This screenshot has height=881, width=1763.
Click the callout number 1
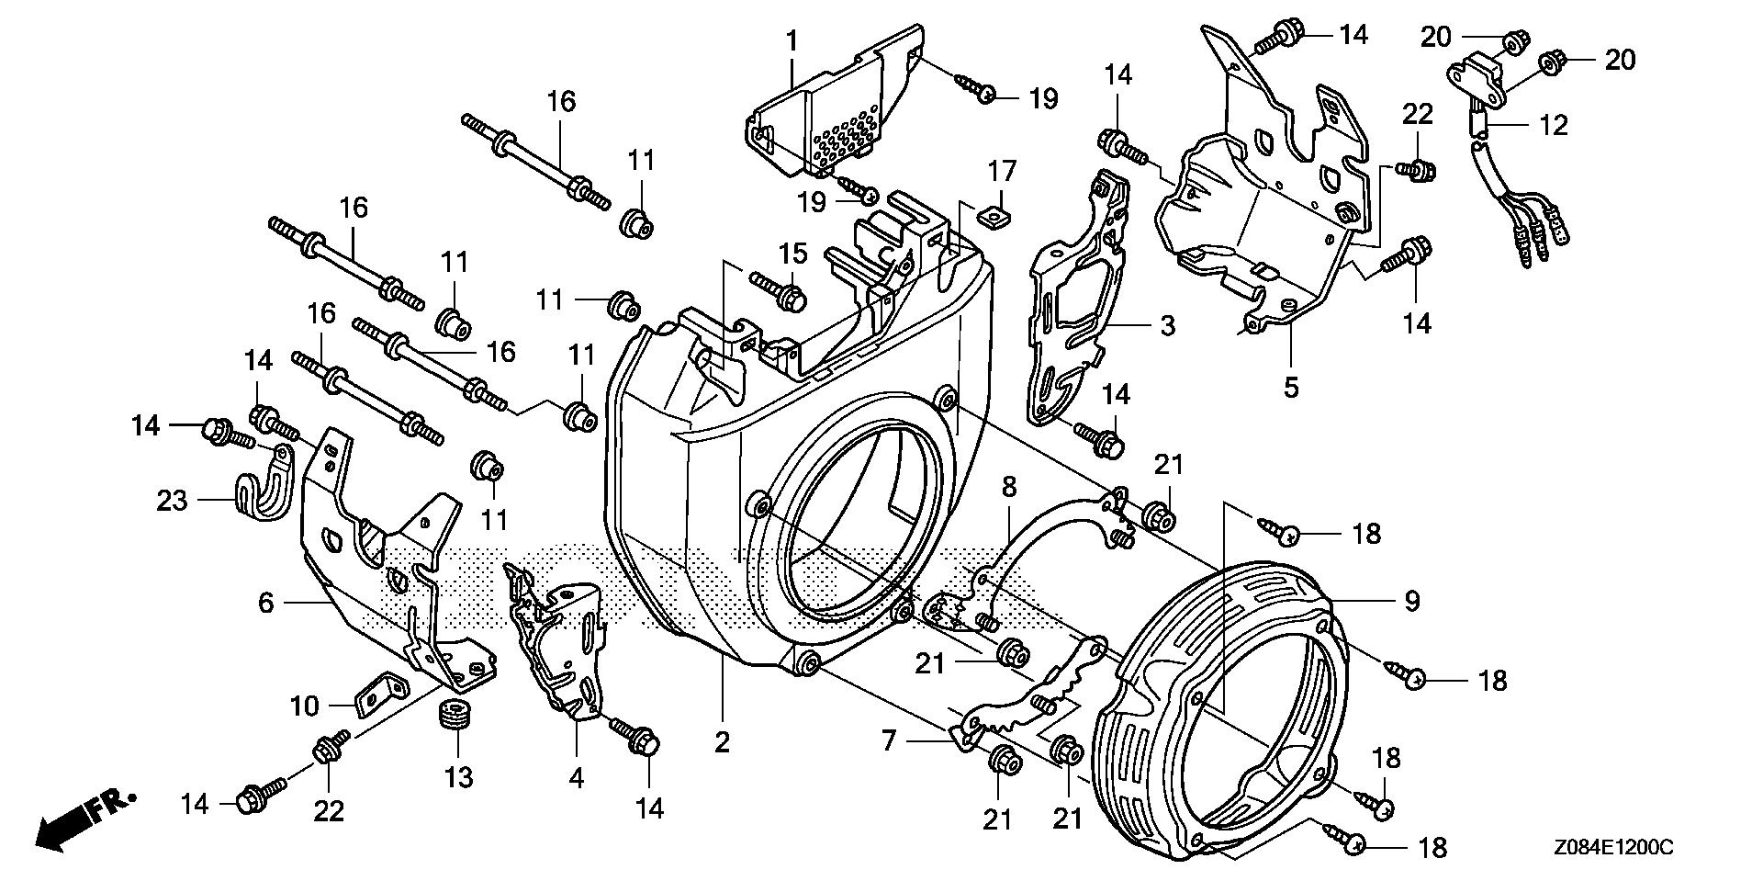point(791,42)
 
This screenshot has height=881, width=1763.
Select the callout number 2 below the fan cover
point(723,742)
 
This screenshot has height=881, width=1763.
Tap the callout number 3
point(1167,326)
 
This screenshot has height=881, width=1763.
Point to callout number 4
point(576,777)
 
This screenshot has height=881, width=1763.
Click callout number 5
point(1291,388)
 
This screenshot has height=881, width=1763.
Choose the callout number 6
point(266,603)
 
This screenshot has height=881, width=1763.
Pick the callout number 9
point(1411,601)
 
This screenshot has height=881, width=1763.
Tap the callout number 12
point(1553,125)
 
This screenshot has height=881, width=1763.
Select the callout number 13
point(458,777)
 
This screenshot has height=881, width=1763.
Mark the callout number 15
point(793,253)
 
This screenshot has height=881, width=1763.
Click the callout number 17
point(1002,171)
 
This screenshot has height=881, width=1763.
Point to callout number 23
point(172,501)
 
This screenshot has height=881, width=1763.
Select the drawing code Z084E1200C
point(1614,847)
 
